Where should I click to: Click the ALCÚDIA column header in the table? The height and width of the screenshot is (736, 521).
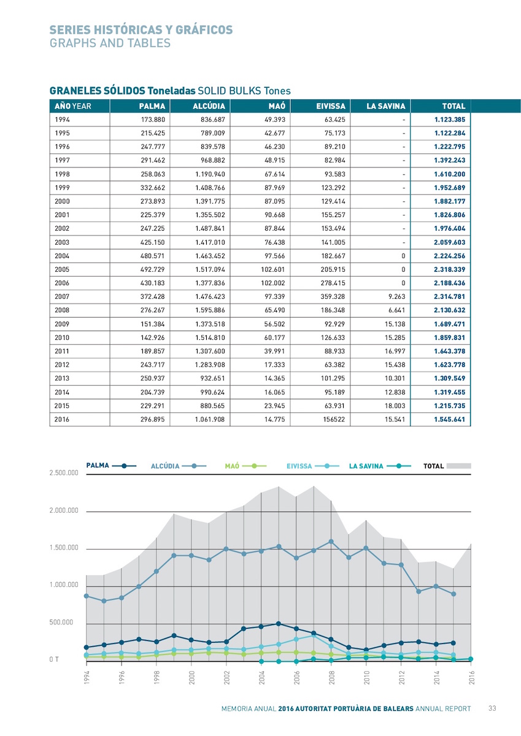click(209, 106)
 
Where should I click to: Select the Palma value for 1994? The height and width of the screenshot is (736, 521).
click(153, 120)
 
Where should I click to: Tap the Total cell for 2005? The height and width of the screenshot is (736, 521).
click(449, 269)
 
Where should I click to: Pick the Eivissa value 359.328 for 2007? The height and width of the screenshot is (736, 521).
click(333, 296)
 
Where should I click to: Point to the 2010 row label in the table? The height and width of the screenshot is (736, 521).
click(62, 337)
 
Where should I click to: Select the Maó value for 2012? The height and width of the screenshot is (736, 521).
click(274, 365)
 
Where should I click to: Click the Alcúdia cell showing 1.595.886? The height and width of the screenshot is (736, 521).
click(210, 310)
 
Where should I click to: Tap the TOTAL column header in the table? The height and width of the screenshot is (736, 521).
click(453, 106)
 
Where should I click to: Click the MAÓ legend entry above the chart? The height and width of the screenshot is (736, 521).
click(245, 466)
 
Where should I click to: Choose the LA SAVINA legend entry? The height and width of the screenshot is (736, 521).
click(380, 466)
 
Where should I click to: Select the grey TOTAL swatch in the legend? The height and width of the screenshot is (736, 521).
click(458, 466)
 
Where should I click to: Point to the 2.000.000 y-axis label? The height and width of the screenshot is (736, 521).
click(64, 510)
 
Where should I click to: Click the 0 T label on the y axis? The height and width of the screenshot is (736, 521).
click(54, 659)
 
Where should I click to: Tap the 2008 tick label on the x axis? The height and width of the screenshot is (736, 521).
click(331, 678)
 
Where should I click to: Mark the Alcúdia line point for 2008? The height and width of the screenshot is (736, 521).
click(331, 542)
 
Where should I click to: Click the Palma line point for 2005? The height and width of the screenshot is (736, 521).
click(279, 624)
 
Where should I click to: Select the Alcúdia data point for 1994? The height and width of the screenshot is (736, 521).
click(87, 596)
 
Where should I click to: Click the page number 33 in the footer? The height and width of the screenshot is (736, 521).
click(492, 708)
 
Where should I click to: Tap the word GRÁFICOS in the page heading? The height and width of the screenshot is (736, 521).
click(204, 29)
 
